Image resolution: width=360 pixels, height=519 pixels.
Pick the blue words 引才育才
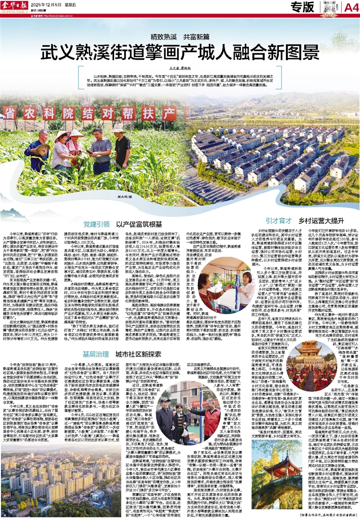[278, 221]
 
